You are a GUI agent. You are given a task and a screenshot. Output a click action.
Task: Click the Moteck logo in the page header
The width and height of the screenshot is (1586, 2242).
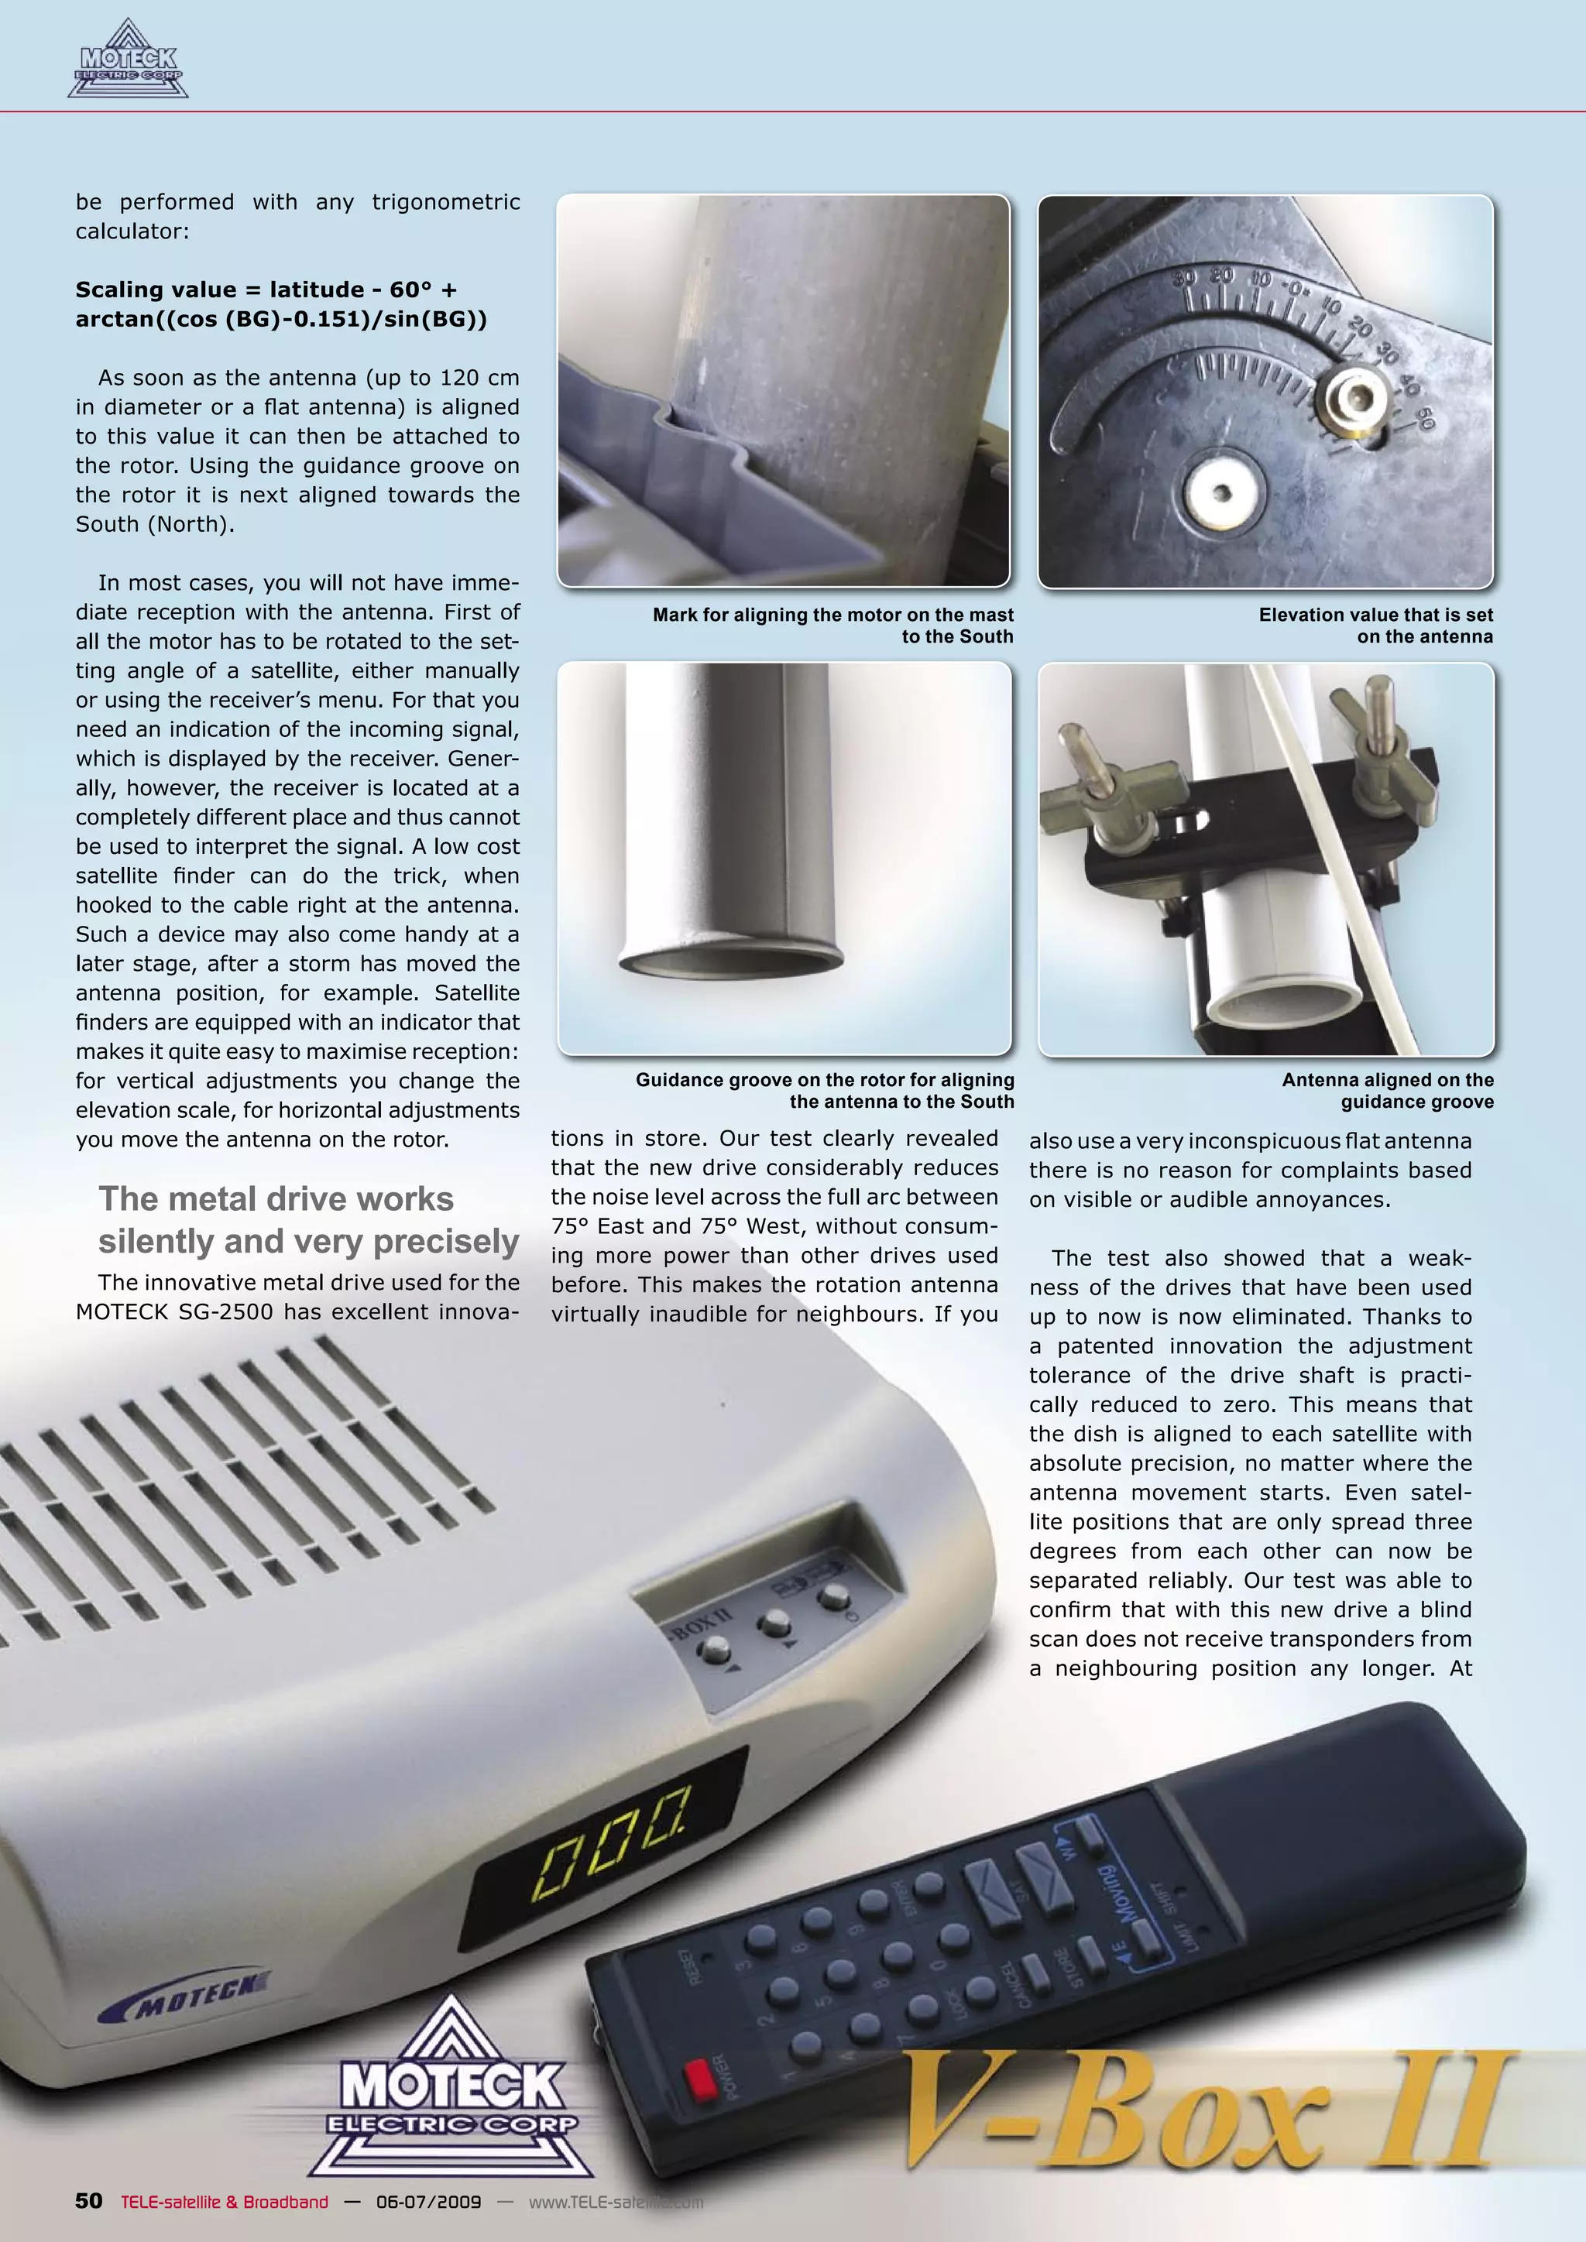128,61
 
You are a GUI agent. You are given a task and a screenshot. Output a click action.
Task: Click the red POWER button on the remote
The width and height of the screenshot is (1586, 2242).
700,2079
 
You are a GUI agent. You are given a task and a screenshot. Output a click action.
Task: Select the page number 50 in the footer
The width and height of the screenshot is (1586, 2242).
89,2200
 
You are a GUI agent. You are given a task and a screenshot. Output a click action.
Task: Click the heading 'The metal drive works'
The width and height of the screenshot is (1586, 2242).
276,1199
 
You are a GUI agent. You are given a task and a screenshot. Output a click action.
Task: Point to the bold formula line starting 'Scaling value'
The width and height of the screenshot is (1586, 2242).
266,290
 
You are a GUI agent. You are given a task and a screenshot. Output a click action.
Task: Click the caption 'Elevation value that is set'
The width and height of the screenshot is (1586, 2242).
1375,614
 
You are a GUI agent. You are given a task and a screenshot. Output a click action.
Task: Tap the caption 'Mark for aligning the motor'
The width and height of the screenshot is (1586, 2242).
833,614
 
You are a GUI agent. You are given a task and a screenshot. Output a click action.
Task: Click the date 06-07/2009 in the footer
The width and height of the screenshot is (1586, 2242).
429,2201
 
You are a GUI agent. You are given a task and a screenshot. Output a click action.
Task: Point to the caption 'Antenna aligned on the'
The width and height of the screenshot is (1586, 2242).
1387,1080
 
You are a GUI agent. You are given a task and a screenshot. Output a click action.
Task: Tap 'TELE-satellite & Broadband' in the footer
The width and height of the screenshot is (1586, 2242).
225,2201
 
